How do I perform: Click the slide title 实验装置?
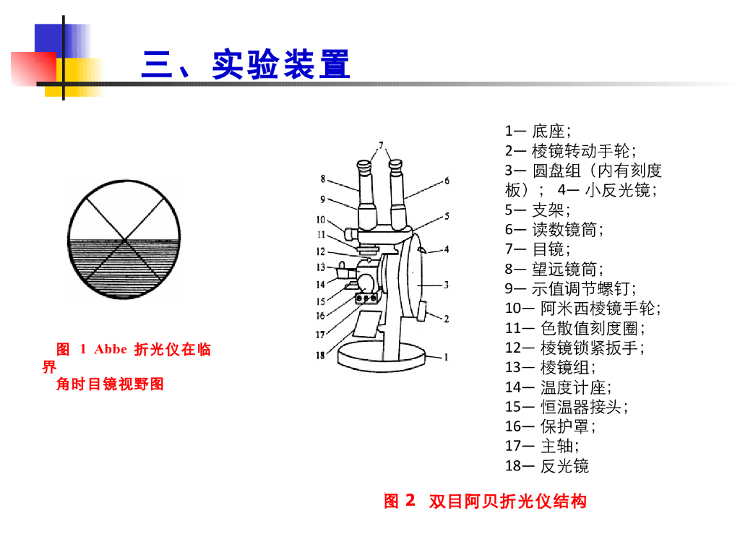click(281, 64)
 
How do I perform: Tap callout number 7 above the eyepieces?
click(381, 145)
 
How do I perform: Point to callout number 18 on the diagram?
click(320, 355)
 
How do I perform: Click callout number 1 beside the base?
click(446, 357)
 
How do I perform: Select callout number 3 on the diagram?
click(446, 285)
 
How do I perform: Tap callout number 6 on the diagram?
click(447, 180)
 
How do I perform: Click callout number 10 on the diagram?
click(321, 220)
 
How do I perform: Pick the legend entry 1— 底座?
click(538, 131)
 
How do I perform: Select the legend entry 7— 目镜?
click(538, 249)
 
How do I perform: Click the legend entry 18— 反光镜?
click(547, 466)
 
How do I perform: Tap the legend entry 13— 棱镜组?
click(550, 367)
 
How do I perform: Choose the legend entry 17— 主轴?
click(542, 445)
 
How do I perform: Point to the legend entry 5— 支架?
click(538, 210)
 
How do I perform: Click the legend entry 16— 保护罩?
click(550, 426)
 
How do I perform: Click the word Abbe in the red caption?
click(111, 349)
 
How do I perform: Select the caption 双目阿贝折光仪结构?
click(508, 501)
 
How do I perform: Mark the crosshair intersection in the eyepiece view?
click(124, 240)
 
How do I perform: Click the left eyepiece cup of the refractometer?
click(364, 167)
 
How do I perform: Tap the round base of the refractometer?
click(382, 357)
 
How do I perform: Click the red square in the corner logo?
click(33, 69)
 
